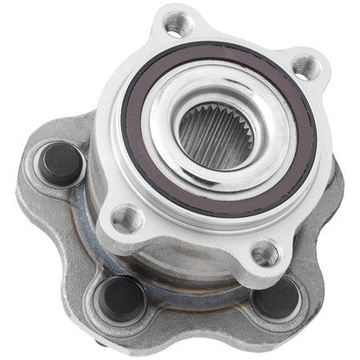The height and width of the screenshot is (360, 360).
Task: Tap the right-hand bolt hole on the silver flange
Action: coord(305,65)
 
